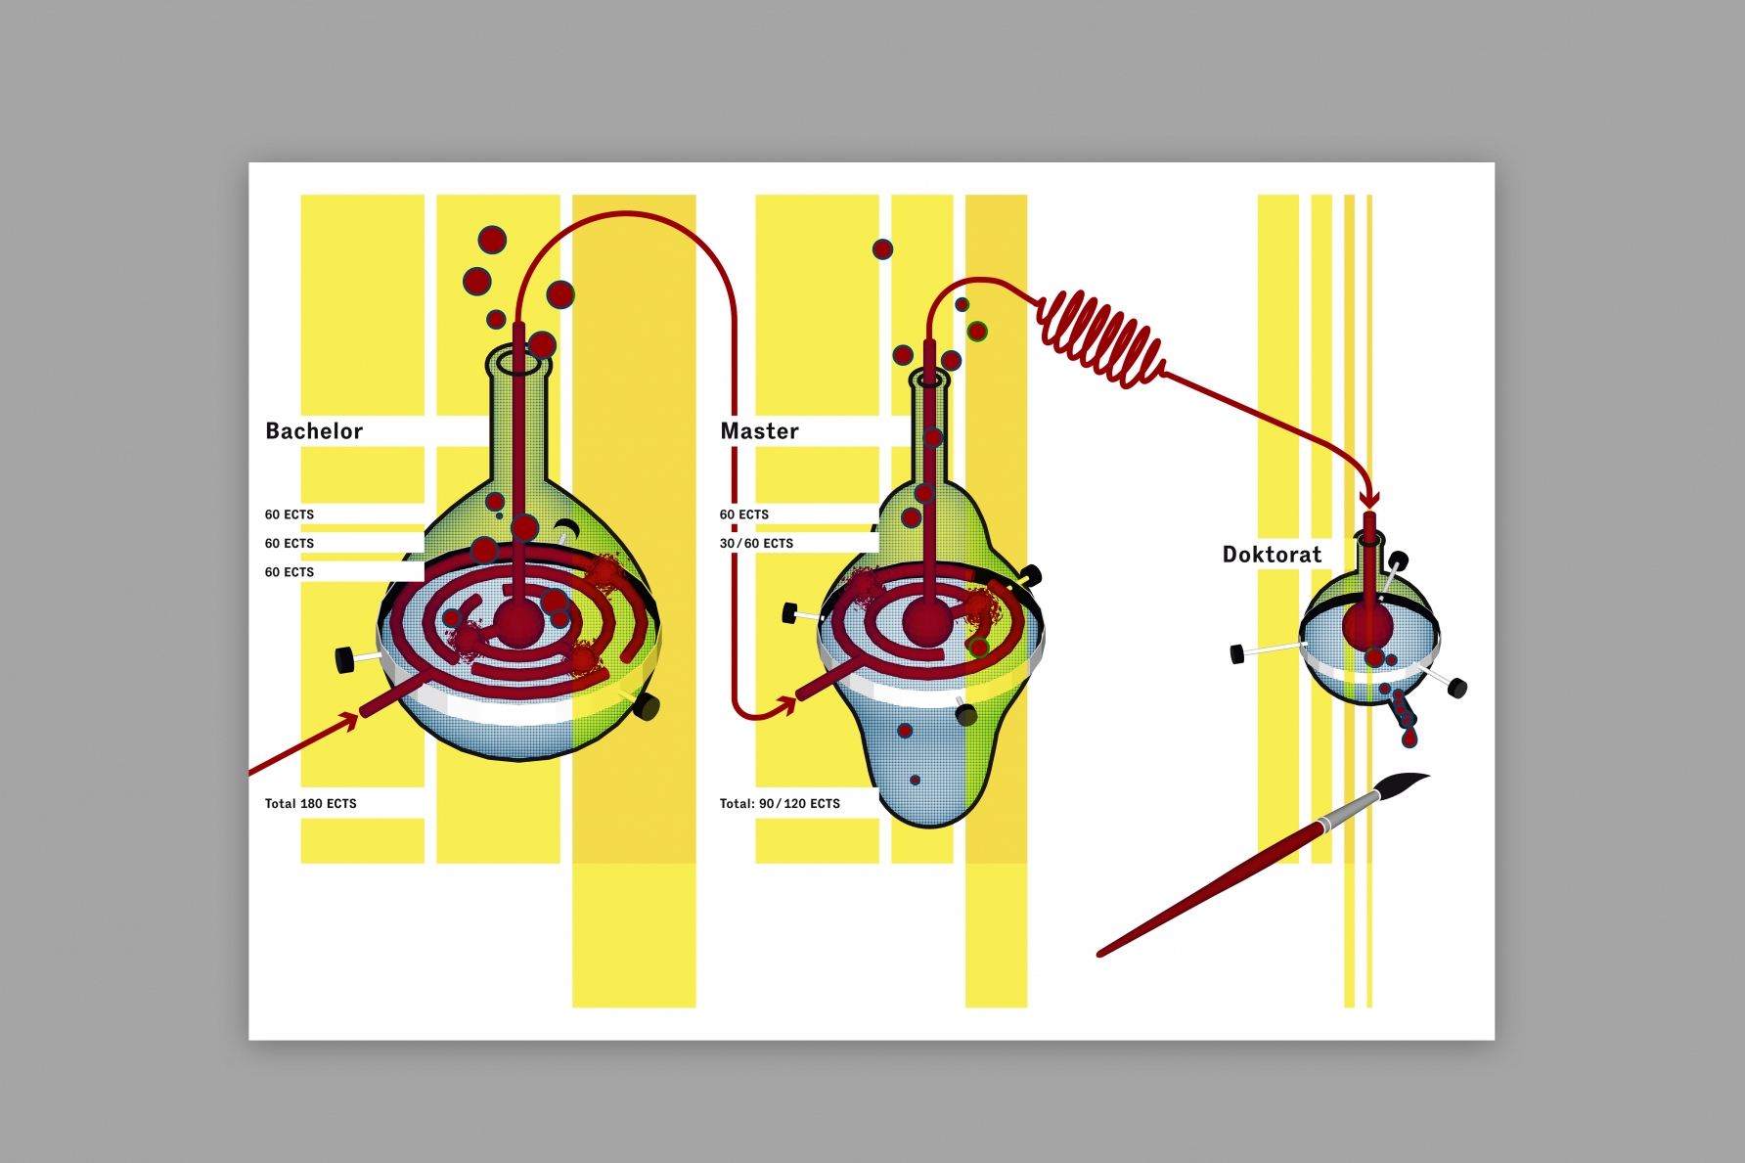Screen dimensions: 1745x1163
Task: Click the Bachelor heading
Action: pos(314,431)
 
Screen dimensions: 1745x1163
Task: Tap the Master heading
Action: pos(759,431)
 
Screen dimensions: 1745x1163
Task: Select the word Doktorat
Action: pos(1272,555)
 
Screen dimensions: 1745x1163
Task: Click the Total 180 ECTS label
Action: pos(310,804)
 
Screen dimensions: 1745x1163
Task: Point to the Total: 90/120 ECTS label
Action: pos(780,804)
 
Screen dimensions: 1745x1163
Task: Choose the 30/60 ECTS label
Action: pos(756,544)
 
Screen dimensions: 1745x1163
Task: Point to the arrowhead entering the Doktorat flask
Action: pos(1369,498)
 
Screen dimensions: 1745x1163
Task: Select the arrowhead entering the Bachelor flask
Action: pos(347,723)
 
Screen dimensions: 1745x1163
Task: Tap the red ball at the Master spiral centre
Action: pos(925,621)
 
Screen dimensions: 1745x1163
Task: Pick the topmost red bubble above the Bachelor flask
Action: pos(492,240)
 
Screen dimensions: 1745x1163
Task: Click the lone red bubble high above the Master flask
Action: pos(882,249)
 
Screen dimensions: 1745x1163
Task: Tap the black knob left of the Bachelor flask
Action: pos(344,660)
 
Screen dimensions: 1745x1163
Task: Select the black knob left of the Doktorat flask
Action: pos(1237,653)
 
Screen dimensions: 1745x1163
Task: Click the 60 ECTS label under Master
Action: pos(743,514)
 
